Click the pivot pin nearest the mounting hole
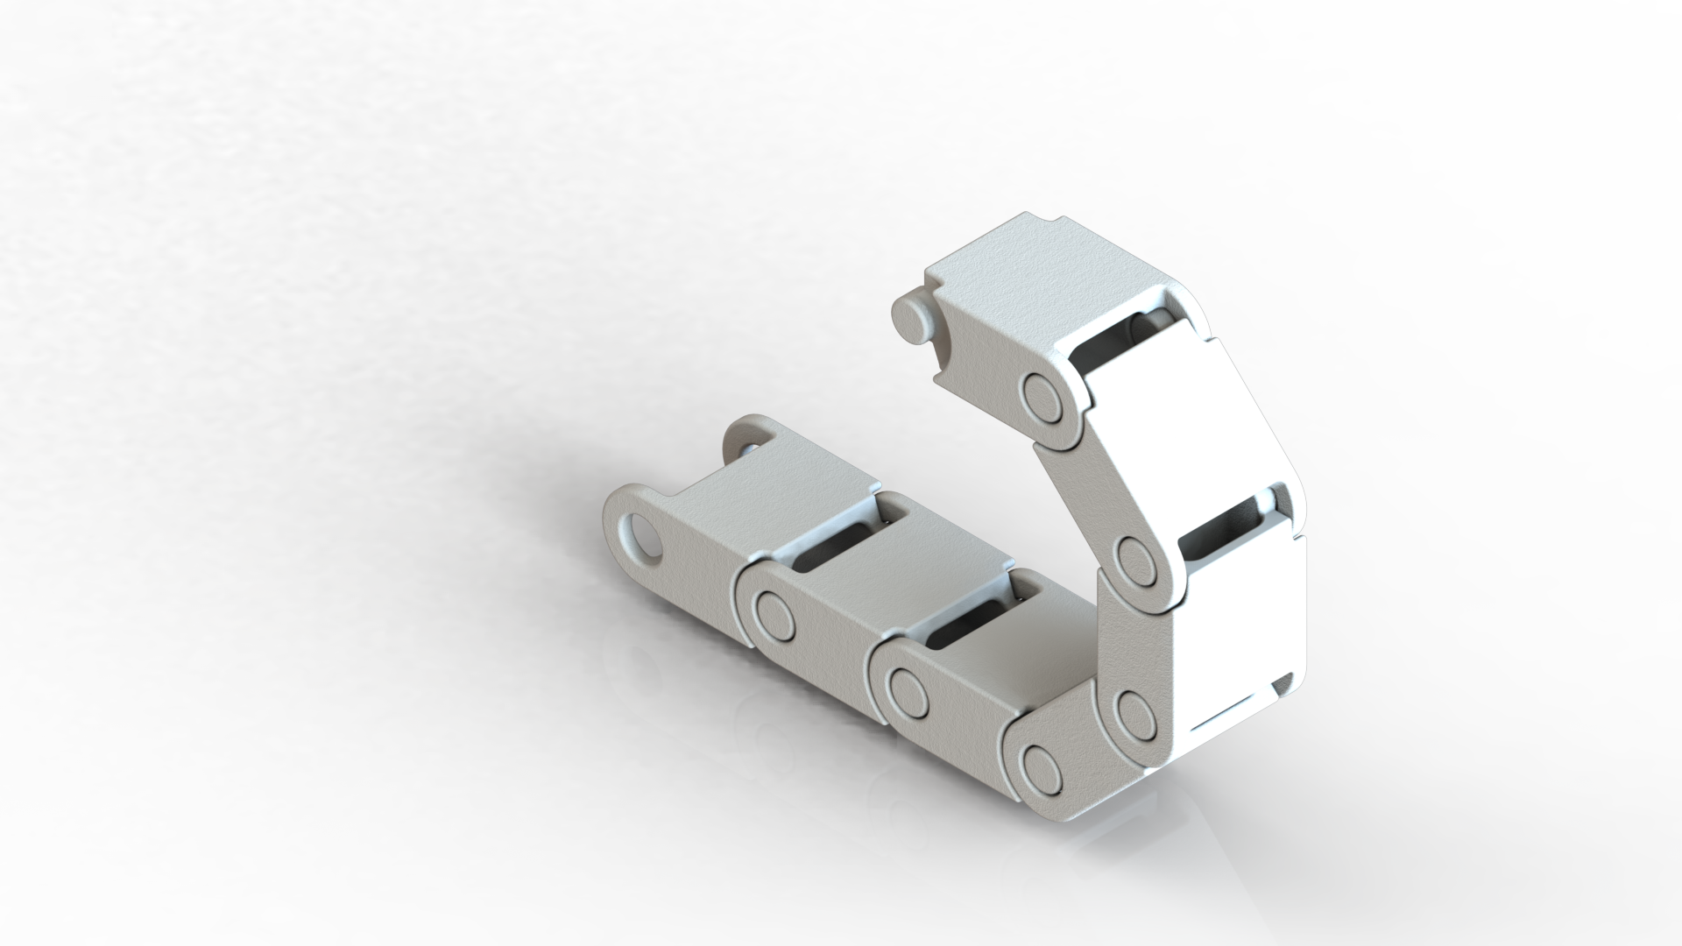coord(774,611)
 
